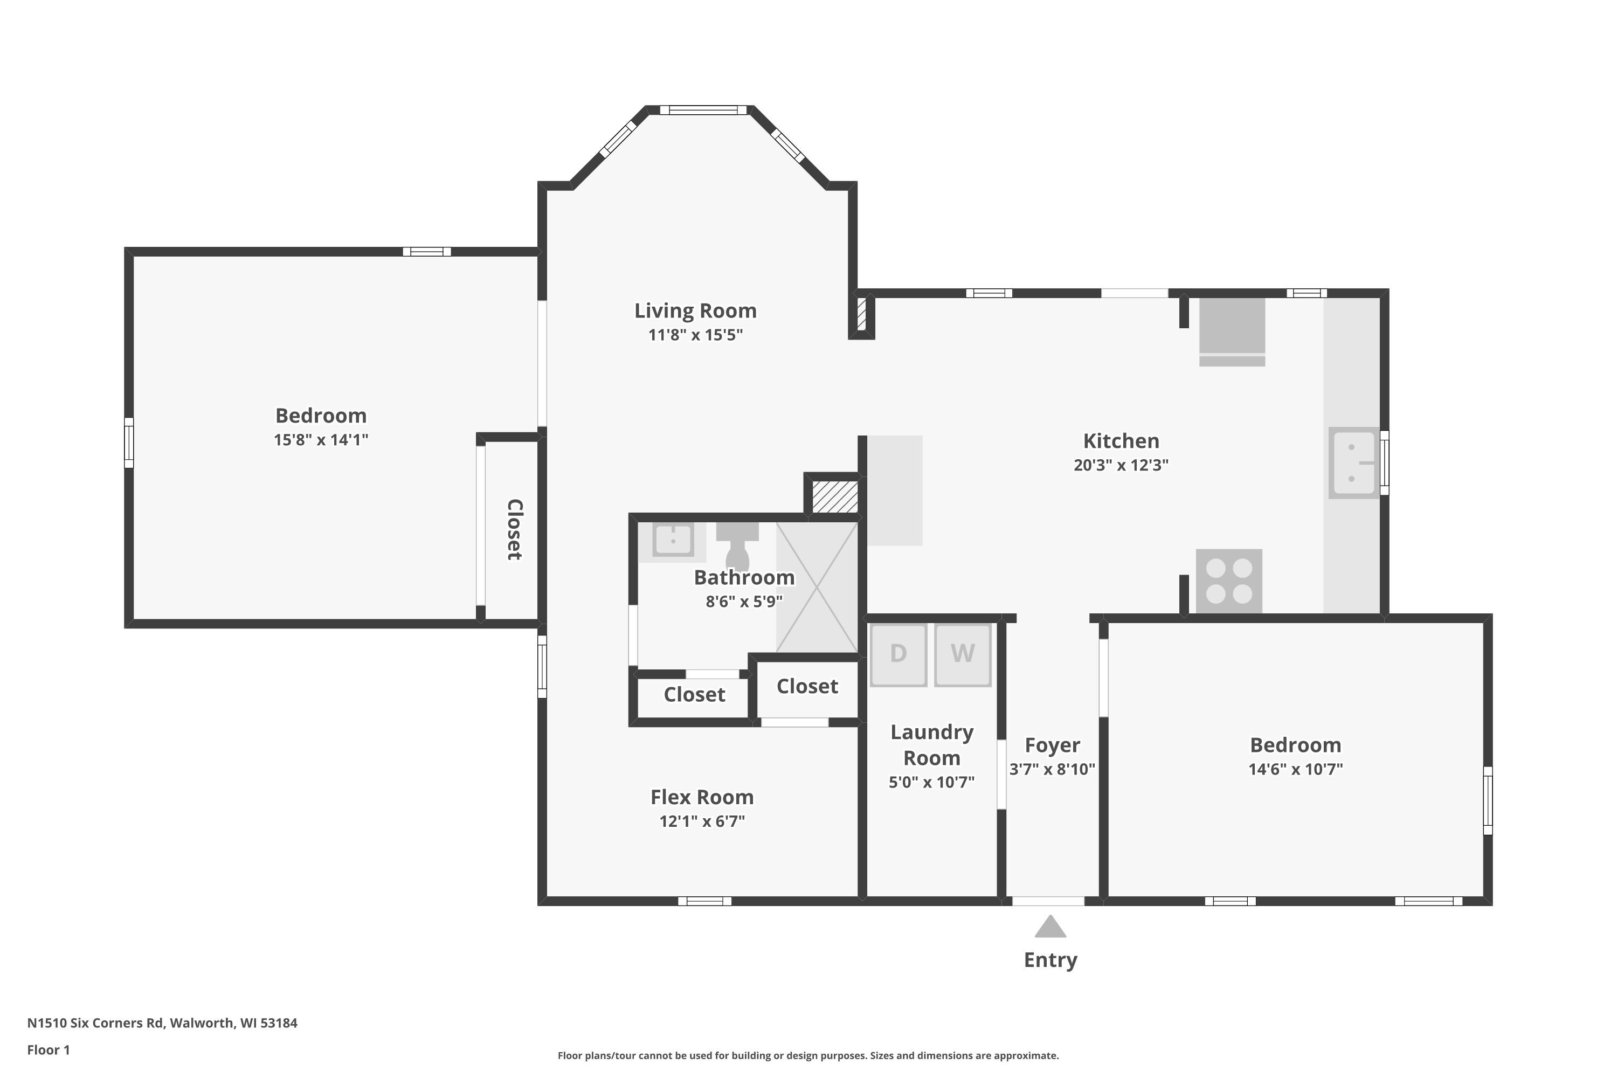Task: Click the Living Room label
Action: (x=695, y=311)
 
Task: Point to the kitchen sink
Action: (x=1353, y=462)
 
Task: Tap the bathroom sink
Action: (x=672, y=541)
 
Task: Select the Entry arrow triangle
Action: (x=1051, y=926)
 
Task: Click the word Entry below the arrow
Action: (x=1051, y=960)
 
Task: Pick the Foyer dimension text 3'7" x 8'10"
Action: (x=1052, y=769)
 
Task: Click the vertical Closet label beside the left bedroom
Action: (x=514, y=529)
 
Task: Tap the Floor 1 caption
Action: (x=48, y=1050)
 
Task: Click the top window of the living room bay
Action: (x=703, y=110)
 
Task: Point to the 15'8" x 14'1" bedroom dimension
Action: (x=321, y=440)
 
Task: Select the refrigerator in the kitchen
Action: (x=1232, y=331)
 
